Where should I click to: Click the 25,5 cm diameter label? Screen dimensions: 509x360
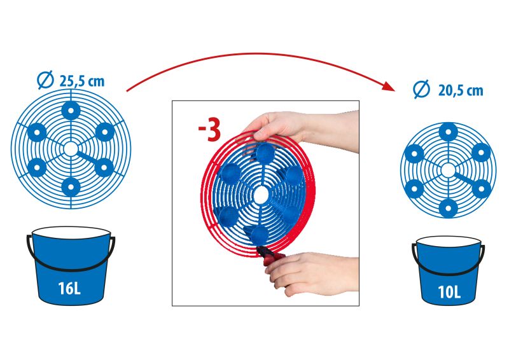click(x=82, y=81)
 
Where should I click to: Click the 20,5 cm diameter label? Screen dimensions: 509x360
click(x=461, y=91)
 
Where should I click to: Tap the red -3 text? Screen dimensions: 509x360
click(x=209, y=131)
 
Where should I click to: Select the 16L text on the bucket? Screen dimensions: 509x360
click(x=69, y=288)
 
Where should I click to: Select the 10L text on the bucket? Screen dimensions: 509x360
click(x=449, y=293)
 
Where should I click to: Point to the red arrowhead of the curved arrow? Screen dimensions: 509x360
click(x=389, y=87)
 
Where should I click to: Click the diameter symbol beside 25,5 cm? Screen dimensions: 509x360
click(x=45, y=80)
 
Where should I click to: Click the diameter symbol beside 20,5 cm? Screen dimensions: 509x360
click(x=422, y=89)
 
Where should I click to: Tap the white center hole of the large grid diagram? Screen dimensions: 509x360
click(x=71, y=149)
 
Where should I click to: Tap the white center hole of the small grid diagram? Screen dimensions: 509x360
click(x=449, y=170)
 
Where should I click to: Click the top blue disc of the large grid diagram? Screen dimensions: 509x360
click(x=71, y=111)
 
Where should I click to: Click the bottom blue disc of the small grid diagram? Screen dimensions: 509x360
click(x=449, y=207)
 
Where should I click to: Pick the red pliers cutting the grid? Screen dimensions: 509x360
click(x=270, y=256)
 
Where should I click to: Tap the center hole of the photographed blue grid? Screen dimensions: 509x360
click(x=261, y=195)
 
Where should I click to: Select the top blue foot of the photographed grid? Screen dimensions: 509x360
click(x=266, y=153)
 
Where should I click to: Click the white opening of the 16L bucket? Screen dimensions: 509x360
click(x=71, y=233)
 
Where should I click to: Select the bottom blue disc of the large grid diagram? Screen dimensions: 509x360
click(x=71, y=187)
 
